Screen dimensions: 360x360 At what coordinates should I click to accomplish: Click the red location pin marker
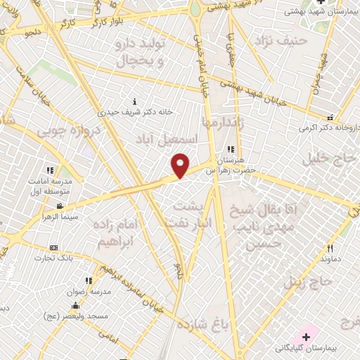pos(181,165)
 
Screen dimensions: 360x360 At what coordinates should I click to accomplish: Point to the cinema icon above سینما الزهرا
pos(60,206)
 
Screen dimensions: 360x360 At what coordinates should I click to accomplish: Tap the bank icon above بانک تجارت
pos(53,247)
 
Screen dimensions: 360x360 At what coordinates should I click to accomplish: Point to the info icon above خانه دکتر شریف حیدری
pos(135,101)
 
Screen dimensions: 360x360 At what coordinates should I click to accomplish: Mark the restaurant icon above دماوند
pos(330,248)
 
